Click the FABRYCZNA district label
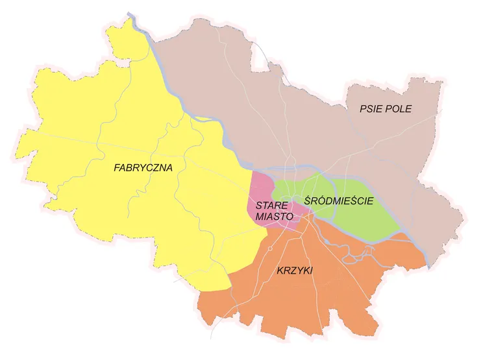pyautogui.click(x=143, y=167)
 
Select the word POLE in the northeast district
pyautogui.click(x=400, y=108)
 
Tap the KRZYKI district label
pyautogui.click(x=294, y=271)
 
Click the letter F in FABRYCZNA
pyautogui.click(x=117, y=167)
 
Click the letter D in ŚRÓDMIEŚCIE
pyautogui.click(x=321, y=201)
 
